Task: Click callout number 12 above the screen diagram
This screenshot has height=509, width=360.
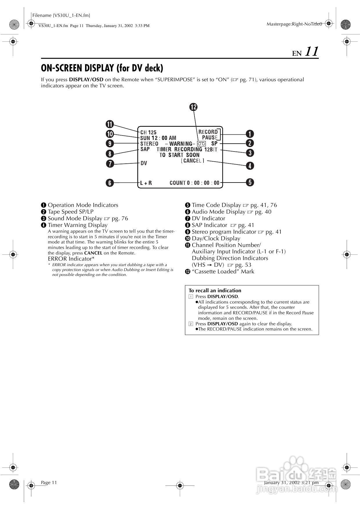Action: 194,107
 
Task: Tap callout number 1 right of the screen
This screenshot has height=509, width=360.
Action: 250,134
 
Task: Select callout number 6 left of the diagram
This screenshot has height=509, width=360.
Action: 110,183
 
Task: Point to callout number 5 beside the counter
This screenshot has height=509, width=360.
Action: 250,183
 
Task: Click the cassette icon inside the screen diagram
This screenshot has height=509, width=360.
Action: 201,144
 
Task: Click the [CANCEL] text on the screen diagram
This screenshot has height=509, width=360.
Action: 192,160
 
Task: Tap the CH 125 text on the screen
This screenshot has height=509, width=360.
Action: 148,132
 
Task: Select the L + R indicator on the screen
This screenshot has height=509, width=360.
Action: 146,183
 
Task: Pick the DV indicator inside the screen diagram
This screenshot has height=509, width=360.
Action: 144,163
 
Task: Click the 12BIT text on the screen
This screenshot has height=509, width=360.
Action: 211,149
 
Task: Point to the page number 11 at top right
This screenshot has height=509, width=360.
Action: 312,52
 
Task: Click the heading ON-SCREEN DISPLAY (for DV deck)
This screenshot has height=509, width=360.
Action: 102,68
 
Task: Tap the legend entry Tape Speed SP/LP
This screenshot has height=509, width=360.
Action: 71,212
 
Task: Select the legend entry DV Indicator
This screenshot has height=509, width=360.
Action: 208,219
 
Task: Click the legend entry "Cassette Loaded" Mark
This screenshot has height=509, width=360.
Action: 223,272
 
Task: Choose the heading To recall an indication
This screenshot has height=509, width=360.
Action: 215,290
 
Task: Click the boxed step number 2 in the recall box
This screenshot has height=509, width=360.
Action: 191,324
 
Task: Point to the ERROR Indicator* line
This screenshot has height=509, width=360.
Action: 71,259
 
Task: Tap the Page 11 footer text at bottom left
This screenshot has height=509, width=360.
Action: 49,483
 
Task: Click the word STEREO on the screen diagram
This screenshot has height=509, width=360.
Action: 149,144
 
